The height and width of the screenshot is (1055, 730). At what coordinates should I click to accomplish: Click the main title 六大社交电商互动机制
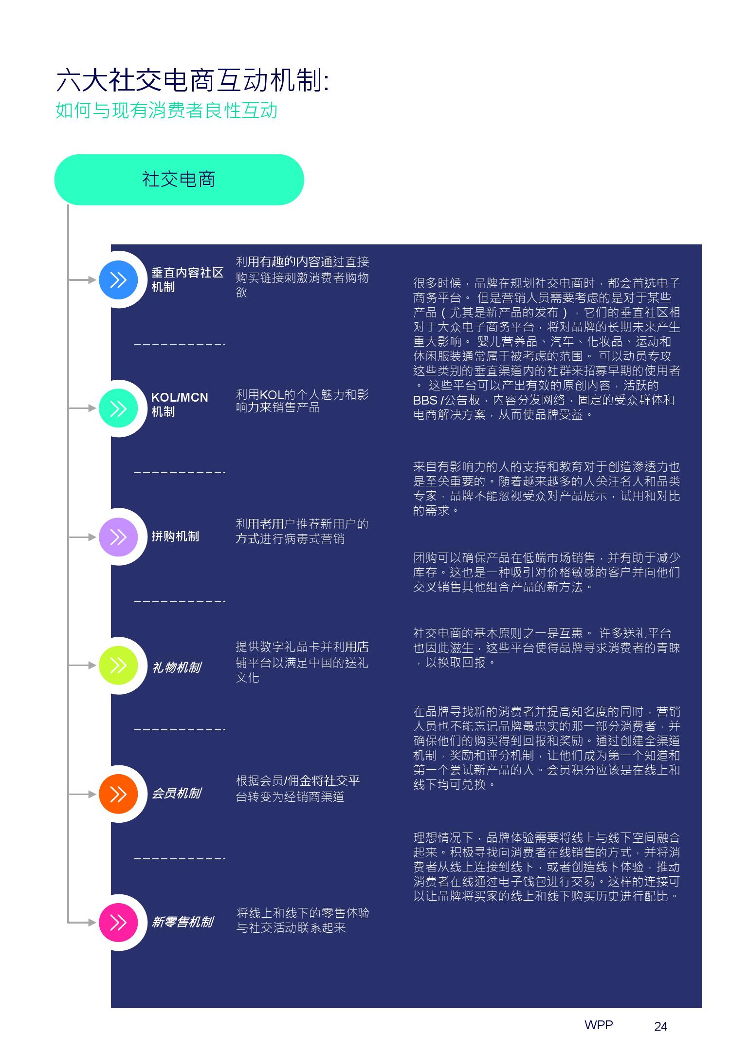pyautogui.click(x=193, y=80)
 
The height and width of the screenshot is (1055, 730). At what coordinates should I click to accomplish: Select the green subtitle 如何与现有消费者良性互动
pyautogui.click(x=166, y=111)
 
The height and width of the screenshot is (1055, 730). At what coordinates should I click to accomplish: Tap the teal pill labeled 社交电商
pyautogui.click(x=179, y=180)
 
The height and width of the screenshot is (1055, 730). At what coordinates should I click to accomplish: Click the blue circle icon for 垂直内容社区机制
pyautogui.click(x=118, y=280)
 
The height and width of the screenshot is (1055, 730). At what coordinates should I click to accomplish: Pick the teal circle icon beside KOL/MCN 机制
pyautogui.click(x=118, y=408)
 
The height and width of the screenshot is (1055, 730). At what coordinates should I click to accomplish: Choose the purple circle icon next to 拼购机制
pyautogui.click(x=118, y=537)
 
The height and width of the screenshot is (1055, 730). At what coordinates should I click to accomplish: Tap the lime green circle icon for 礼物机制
pyautogui.click(x=118, y=666)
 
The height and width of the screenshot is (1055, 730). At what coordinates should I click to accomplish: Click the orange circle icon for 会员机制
pyautogui.click(x=118, y=794)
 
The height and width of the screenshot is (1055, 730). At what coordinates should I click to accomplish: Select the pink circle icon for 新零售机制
pyautogui.click(x=118, y=923)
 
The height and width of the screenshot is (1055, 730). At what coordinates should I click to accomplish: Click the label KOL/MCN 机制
pyautogui.click(x=180, y=405)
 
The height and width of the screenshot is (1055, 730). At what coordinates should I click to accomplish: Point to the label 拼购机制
pyautogui.click(x=175, y=537)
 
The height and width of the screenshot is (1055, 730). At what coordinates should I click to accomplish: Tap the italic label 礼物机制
pyautogui.click(x=176, y=667)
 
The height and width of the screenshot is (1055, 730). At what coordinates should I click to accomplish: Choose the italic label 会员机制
pyautogui.click(x=176, y=794)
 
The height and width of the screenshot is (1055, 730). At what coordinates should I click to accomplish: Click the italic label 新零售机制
pyautogui.click(x=182, y=922)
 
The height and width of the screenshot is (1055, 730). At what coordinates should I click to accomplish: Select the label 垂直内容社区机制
pyautogui.click(x=187, y=280)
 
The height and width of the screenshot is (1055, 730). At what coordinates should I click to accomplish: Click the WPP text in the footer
pyautogui.click(x=599, y=1025)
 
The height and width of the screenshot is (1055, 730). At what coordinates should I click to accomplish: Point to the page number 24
pyautogui.click(x=661, y=1026)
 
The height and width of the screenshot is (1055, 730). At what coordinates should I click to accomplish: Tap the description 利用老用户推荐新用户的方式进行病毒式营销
pyautogui.click(x=302, y=531)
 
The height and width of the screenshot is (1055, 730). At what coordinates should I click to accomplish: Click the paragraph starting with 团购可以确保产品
pyautogui.click(x=547, y=572)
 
